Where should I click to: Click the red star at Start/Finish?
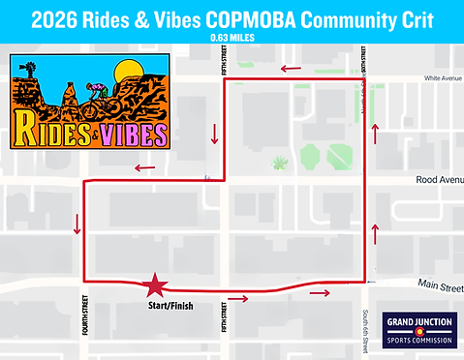(x=153, y=285)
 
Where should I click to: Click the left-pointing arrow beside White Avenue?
(x=291, y=69)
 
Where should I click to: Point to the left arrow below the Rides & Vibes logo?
(x=145, y=168)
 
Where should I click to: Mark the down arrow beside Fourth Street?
(x=76, y=225)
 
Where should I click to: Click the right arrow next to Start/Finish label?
(x=237, y=298)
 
